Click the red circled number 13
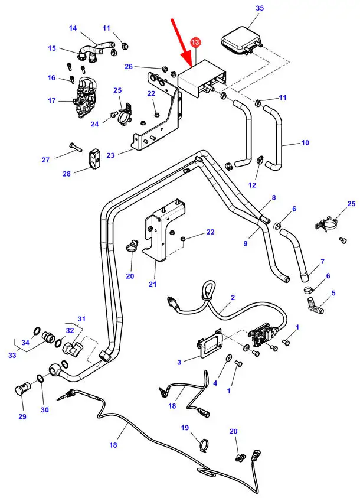pos(196,43)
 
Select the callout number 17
pos(52,100)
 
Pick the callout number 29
pos(22,417)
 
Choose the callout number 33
pos(11,356)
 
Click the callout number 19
pos(185,427)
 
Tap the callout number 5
pos(333,293)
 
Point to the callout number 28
pos(66,174)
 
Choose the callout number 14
pos(73,28)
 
